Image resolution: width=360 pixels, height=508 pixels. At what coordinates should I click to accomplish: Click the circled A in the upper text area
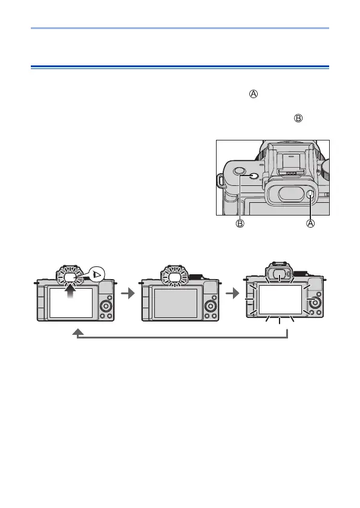(254, 94)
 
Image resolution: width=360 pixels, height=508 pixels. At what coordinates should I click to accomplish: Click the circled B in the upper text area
(298, 118)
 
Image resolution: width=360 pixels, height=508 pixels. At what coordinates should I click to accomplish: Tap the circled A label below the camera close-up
(310, 223)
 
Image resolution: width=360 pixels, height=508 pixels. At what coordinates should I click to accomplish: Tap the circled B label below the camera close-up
(240, 223)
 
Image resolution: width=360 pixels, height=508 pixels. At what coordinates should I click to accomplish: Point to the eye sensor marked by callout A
(310, 194)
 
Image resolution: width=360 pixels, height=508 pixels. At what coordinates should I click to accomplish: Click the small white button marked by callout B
(254, 176)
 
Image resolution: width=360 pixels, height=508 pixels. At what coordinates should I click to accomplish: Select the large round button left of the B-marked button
(239, 170)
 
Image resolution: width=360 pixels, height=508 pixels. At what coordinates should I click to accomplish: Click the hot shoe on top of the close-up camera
(292, 162)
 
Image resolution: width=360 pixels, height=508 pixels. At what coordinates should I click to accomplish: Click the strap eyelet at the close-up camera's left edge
(220, 181)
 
